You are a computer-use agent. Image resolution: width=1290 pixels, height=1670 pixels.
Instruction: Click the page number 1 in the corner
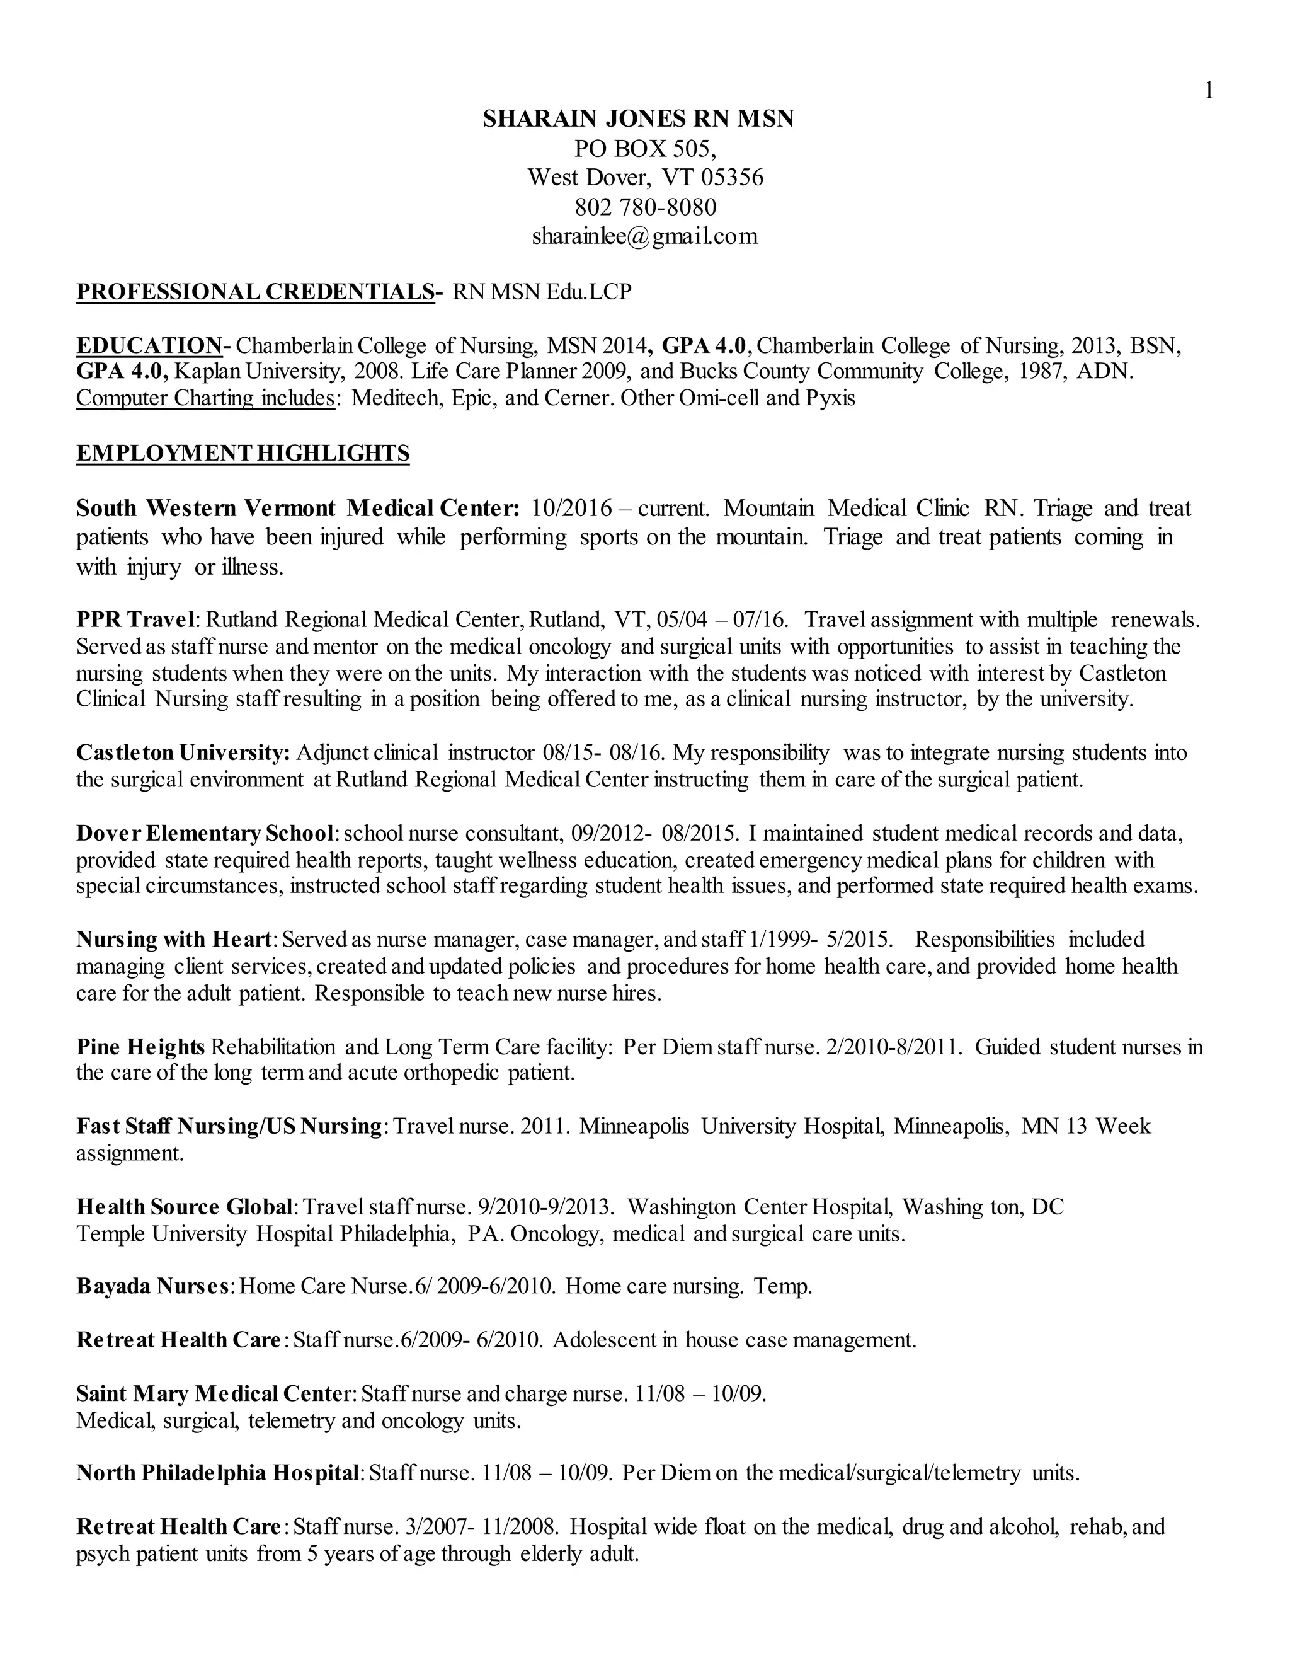(1208, 91)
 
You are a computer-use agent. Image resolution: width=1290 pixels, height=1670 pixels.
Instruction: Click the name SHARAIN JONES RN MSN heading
(638, 118)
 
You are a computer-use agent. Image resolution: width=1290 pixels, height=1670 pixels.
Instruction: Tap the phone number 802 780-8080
(645, 207)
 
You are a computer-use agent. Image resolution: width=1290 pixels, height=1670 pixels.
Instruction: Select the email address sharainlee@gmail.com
(644, 236)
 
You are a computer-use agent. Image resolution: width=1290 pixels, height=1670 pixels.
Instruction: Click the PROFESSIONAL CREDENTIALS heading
(255, 292)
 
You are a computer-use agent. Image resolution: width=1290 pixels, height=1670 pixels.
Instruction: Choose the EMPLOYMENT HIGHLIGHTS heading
(243, 454)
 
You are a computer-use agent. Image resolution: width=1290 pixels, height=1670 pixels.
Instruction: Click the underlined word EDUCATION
(149, 345)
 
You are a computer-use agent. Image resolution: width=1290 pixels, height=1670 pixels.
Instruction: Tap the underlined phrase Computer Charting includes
(205, 398)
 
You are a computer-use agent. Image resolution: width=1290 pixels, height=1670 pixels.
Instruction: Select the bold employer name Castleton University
(183, 752)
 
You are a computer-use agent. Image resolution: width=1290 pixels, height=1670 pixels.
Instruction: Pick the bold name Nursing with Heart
(173, 939)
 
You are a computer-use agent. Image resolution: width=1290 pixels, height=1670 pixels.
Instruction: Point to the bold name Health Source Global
(184, 1207)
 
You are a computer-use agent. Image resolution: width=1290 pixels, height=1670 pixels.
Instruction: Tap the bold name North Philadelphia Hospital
(217, 1473)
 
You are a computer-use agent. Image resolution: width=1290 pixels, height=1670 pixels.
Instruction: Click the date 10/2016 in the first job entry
(572, 509)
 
